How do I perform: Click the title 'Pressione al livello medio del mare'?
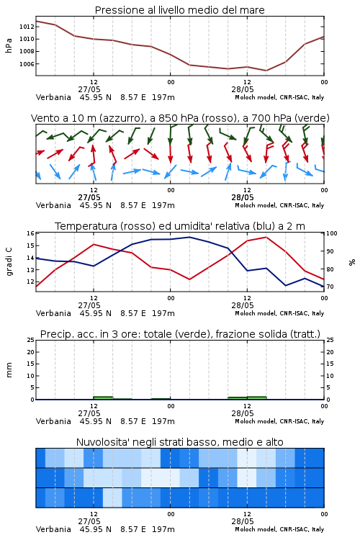(x=179, y=10)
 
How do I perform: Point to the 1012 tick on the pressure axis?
(x=27, y=27)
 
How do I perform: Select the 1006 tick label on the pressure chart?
(x=27, y=64)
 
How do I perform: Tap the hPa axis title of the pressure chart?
(x=9, y=45)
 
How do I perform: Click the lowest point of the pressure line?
(x=266, y=71)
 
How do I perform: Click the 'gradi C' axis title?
(x=9, y=262)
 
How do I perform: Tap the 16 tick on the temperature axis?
(x=30, y=233)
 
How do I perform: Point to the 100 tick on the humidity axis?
(x=332, y=233)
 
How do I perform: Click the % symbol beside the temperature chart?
(x=352, y=262)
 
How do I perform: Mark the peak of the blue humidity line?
(x=189, y=237)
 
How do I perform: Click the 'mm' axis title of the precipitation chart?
(x=9, y=370)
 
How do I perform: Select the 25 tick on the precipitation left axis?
(x=30, y=340)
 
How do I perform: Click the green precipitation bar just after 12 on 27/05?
(x=103, y=397)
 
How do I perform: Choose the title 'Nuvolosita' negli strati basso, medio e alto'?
(x=179, y=442)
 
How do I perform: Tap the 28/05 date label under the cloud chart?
(x=243, y=521)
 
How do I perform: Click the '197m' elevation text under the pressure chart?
(x=163, y=97)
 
